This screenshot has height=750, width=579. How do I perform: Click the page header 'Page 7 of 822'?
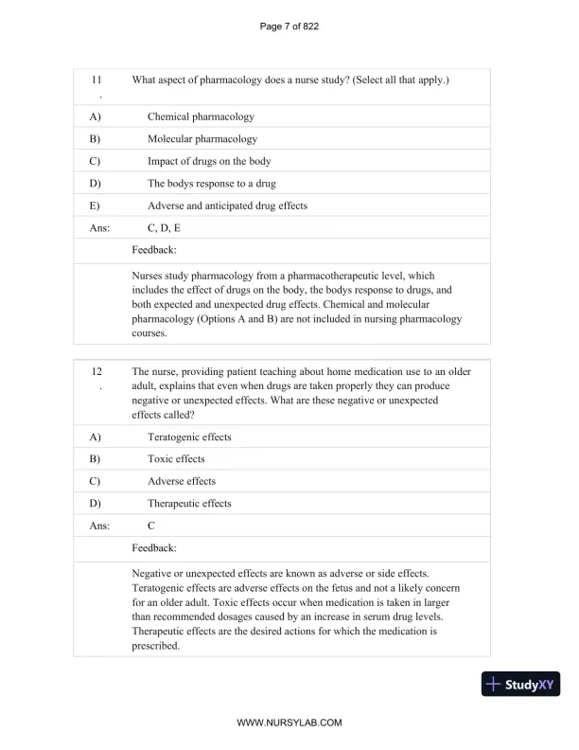tap(289, 26)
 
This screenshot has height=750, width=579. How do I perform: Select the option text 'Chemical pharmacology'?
tap(201, 116)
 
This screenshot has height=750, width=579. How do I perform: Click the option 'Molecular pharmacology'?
tap(202, 139)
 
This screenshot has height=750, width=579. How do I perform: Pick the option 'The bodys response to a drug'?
tap(212, 183)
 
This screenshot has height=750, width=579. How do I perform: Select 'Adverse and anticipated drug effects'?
tap(227, 205)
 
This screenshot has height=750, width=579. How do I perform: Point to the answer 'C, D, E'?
tap(165, 228)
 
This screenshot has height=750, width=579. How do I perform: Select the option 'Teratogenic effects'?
tap(189, 437)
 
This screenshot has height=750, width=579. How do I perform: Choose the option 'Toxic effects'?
tap(176, 458)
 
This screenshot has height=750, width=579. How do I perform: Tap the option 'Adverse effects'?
tap(182, 481)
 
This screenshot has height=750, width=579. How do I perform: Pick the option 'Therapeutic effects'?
tap(189, 503)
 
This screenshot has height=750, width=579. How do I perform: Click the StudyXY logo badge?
tap(521, 684)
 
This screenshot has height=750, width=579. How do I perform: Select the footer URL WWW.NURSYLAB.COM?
tap(289, 722)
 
